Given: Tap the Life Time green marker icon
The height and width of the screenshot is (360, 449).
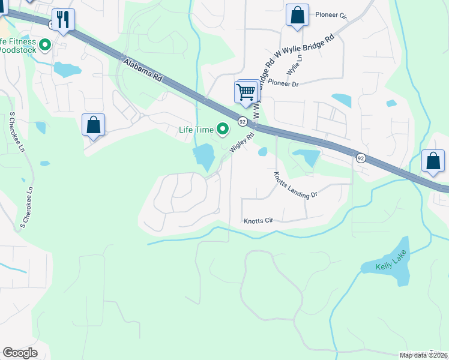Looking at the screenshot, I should point(223,129).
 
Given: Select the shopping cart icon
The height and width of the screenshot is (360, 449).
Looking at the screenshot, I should point(246,92).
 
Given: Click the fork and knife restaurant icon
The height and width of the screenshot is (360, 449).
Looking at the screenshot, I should point(62,19).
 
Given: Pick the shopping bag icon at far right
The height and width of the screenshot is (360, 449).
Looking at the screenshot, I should point(433,161).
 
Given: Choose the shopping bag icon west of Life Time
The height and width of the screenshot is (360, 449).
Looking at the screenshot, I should point(93,125).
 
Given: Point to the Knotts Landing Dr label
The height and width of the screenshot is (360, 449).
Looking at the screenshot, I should point(295,186).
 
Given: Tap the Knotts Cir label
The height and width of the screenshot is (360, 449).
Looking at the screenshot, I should point(258,221).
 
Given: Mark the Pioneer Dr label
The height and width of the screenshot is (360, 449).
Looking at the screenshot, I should point(283,84).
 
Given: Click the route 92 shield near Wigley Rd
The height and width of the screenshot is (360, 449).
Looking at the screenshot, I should point(242,121).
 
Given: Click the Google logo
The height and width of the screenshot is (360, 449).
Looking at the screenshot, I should point(20,353).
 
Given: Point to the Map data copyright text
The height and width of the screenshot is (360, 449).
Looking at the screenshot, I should point(423,355).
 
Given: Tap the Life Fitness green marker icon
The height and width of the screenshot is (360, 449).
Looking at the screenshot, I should point(44,44).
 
